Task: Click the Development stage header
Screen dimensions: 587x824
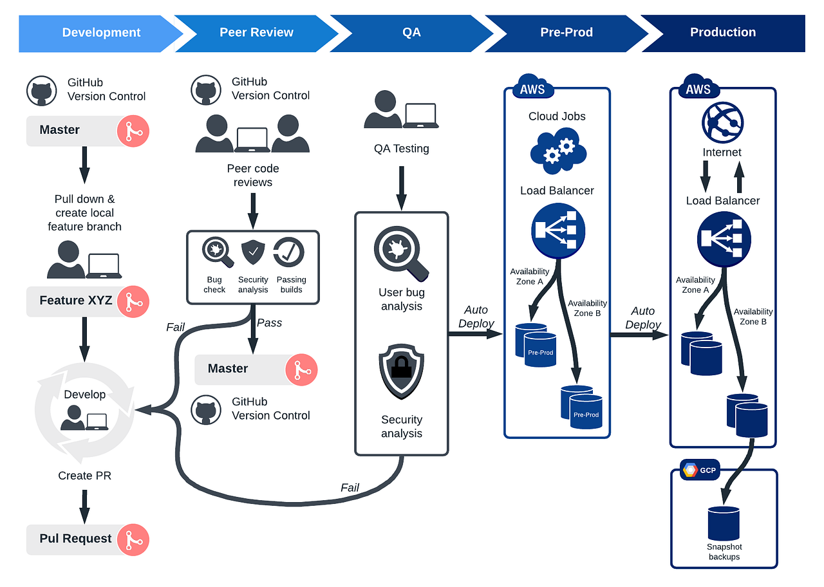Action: [101, 33]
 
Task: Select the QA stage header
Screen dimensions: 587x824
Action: [411, 33]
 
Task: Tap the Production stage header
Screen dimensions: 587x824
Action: [722, 33]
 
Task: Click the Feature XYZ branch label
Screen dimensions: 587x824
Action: [76, 301]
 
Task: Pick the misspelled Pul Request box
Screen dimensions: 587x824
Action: [76, 539]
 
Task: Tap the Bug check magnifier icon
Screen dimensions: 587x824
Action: [218, 253]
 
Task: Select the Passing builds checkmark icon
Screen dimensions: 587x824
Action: [289, 253]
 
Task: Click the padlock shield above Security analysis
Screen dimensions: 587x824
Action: [401, 372]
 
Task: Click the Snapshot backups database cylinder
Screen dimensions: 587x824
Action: [724, 523]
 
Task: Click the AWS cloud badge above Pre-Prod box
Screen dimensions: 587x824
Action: [532, 89]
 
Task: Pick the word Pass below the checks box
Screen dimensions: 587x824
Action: [269, 323]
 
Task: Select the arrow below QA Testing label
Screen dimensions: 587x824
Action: [402, 187]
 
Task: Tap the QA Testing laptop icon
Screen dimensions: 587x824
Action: [422, 116]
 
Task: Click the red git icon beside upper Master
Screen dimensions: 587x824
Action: [133, 131]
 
